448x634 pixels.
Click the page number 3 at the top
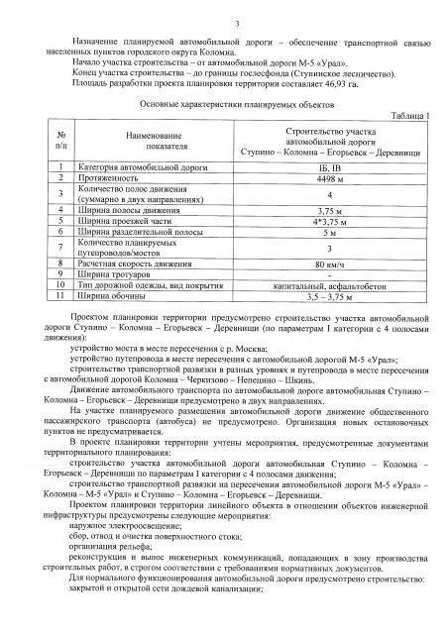(224, 21)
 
